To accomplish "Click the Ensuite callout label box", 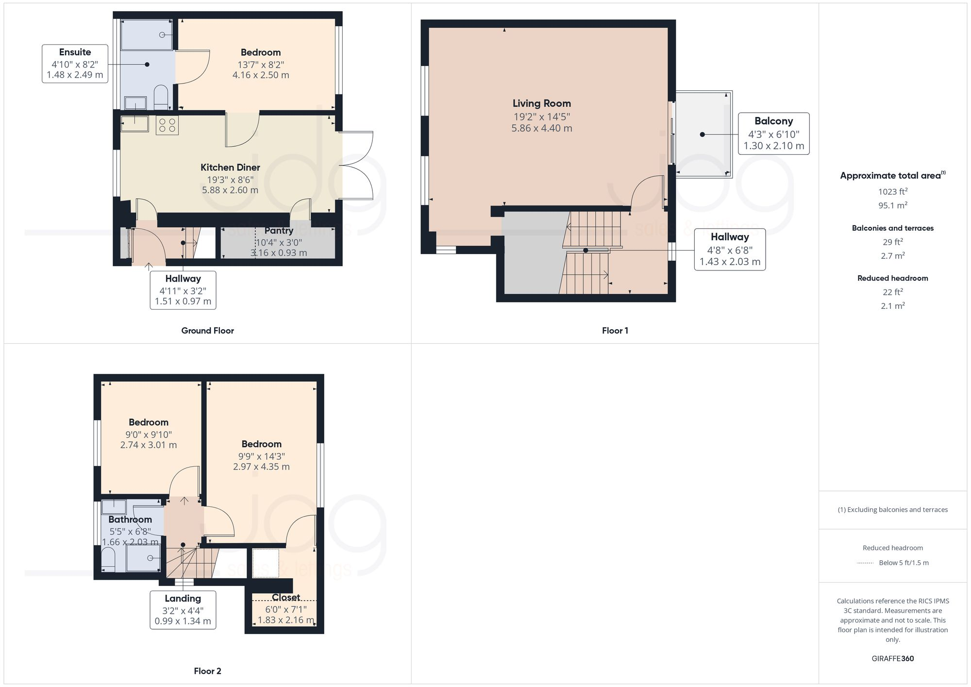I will tap(75, 64).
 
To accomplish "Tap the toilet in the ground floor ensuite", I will tap(161, 97).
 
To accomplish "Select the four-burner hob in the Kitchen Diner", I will tap(167, 125).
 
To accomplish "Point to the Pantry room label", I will tap(279, 231).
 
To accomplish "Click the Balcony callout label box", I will tap(773, 134).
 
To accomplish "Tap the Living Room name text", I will tap(541, 103).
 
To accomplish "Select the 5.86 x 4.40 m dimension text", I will tap(541, 129).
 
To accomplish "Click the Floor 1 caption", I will tap(615, 331).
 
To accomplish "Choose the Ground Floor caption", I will tap(207, 331).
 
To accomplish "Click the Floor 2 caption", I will tap(207, 671).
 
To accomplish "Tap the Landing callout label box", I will tap(183, 610).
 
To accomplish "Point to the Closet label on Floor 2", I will tap(285, 597).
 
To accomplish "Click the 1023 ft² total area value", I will tap(892, 192).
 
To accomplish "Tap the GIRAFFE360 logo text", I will tap(892, 659).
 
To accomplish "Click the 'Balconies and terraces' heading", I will tap(892, 228).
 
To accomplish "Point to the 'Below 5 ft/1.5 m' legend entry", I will tap(903, 563).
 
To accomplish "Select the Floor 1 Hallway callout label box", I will tap(729, 249).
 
